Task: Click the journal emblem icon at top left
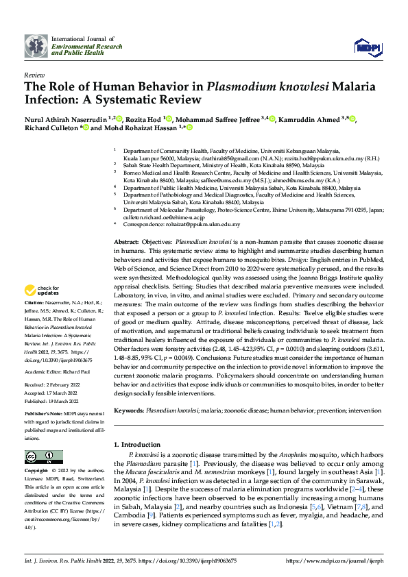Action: (36, 47)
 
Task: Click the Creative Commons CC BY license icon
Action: (40, 457)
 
